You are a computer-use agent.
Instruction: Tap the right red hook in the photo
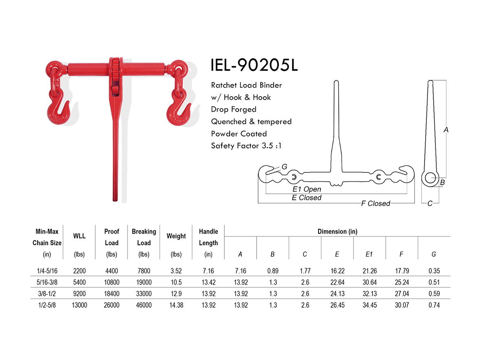(x=178, y=110)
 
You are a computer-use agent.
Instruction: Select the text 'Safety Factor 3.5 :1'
(x=246, y=146)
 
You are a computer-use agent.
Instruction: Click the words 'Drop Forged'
(x=233, y=109)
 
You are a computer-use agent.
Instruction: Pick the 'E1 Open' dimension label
(x=307, y=189)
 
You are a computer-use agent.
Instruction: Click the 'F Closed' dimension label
(x=375, y=203)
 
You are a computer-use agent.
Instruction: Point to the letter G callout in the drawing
(x=284, y=167)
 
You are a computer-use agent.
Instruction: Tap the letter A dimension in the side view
(x=446, y=130)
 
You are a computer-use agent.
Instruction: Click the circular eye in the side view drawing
(x=430, y=177)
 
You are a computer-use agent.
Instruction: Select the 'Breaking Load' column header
(x=144, y=237)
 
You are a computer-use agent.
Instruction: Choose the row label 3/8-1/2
(x=46, y=294)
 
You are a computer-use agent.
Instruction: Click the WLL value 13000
(x=79, y=305)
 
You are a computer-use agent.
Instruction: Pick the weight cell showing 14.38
(x=176, y=305)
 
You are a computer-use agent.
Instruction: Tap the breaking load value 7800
(x=144, y=271)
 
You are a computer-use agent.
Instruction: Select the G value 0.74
(x=434, y=305)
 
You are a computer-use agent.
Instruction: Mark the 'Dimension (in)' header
(x=337, y=231)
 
